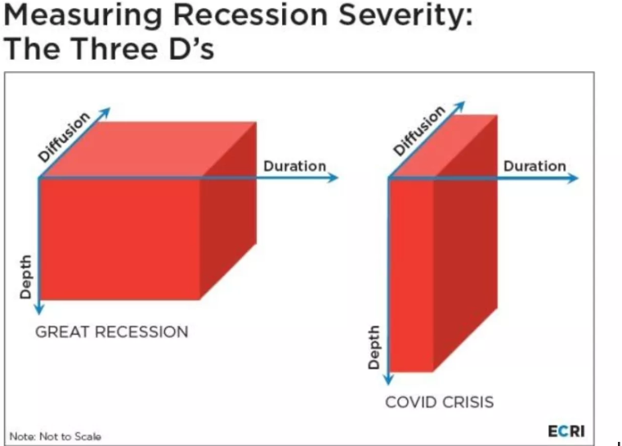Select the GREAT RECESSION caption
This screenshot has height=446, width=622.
112,332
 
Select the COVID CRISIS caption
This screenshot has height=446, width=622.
440,402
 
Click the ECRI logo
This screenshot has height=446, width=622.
566,431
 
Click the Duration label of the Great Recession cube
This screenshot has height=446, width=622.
295,166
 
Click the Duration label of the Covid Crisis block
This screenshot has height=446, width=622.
535,166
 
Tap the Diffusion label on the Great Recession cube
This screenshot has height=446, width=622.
64,137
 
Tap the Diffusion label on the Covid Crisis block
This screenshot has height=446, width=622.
419,130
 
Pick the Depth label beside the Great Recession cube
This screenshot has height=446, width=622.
25,277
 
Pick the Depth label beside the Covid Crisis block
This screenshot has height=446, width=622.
374,348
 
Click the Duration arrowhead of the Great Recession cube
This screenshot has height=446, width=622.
333,178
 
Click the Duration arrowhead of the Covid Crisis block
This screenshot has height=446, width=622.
572,178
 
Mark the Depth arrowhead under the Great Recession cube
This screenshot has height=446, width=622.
39,309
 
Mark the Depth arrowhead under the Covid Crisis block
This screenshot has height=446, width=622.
389,379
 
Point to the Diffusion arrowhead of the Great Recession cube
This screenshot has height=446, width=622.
105,112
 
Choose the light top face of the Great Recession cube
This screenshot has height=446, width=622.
149,149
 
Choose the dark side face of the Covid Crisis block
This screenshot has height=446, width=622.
465,242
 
